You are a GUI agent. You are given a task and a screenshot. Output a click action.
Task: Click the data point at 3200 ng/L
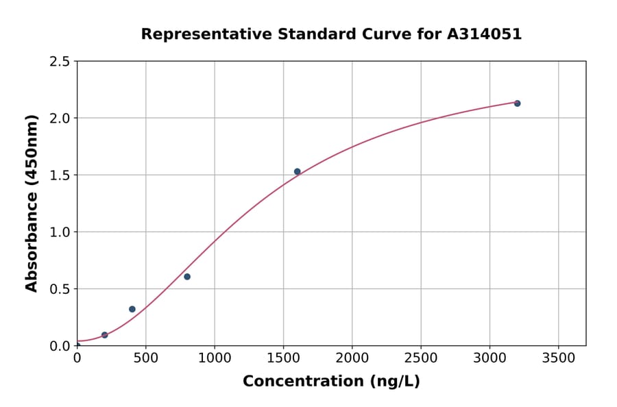517,103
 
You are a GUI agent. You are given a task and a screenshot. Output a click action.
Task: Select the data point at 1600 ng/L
297,171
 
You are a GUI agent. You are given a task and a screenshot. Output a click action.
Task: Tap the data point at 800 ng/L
187,277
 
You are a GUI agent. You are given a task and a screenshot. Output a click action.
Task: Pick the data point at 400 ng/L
132,309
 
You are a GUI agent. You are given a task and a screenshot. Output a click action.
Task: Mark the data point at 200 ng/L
105,335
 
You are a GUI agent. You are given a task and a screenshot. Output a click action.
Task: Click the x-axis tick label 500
145,358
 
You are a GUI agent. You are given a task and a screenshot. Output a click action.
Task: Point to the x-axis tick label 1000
215,358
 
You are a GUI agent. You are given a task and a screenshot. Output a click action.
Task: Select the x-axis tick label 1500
283,358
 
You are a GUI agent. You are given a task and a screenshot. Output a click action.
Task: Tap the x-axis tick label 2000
352,358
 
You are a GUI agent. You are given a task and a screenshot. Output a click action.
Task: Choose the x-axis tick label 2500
421,358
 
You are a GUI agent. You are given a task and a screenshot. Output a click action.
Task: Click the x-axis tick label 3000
489,358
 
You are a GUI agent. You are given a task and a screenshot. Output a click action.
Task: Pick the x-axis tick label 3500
558,358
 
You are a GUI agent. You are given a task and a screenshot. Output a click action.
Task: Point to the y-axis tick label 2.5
60,62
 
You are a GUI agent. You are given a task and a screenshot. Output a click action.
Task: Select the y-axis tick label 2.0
60,119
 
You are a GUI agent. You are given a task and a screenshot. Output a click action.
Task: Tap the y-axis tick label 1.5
60,175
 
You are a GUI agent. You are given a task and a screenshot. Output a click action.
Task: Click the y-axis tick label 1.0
60,232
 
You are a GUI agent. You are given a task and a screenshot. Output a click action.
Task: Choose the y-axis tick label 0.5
60,289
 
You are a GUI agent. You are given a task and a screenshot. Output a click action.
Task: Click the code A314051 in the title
484,34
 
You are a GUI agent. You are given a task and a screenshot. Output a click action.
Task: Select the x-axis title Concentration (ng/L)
331,382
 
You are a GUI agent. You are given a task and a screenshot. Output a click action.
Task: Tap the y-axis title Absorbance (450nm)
32,203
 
